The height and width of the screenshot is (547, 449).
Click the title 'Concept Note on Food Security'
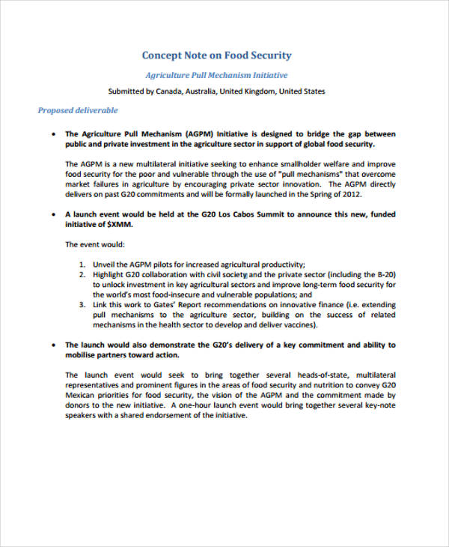[x=216, y=55]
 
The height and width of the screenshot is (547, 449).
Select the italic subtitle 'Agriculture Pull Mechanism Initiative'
[x=216, y=76]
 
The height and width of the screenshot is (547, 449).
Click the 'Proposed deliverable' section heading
[x=78, y=110]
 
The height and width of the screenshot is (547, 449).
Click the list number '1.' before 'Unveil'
[x=82, y=265]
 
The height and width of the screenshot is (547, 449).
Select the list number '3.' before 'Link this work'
[x=82, y=305]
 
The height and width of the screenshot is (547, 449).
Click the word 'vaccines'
[x=302, y=325]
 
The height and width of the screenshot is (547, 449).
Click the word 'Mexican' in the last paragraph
[x=82, y=395]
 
